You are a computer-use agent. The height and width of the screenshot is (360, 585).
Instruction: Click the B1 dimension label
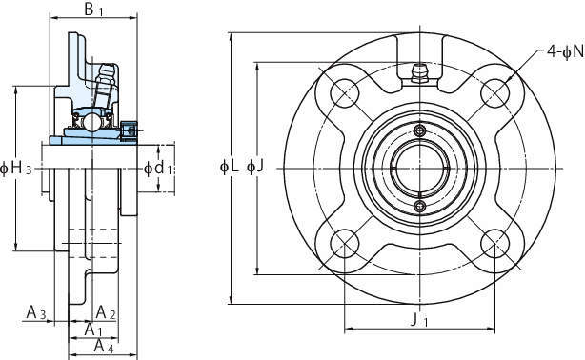point(93,10)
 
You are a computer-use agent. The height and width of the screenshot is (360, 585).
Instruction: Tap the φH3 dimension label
point(15,169)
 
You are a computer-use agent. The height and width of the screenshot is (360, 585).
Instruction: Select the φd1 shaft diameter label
point(158,169)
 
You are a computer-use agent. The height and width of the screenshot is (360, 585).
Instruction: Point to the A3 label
point(36,312)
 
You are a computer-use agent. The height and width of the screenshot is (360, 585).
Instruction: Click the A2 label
point(106,312)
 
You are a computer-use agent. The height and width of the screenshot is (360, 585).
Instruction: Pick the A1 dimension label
point(93,330)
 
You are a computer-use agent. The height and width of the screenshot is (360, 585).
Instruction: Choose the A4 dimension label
point(103,347)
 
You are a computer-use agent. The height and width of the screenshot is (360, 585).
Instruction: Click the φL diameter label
point(229,167)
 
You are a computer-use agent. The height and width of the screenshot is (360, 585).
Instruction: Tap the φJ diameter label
point(255,167)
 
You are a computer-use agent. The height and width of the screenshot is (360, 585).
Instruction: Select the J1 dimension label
point(419,320)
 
